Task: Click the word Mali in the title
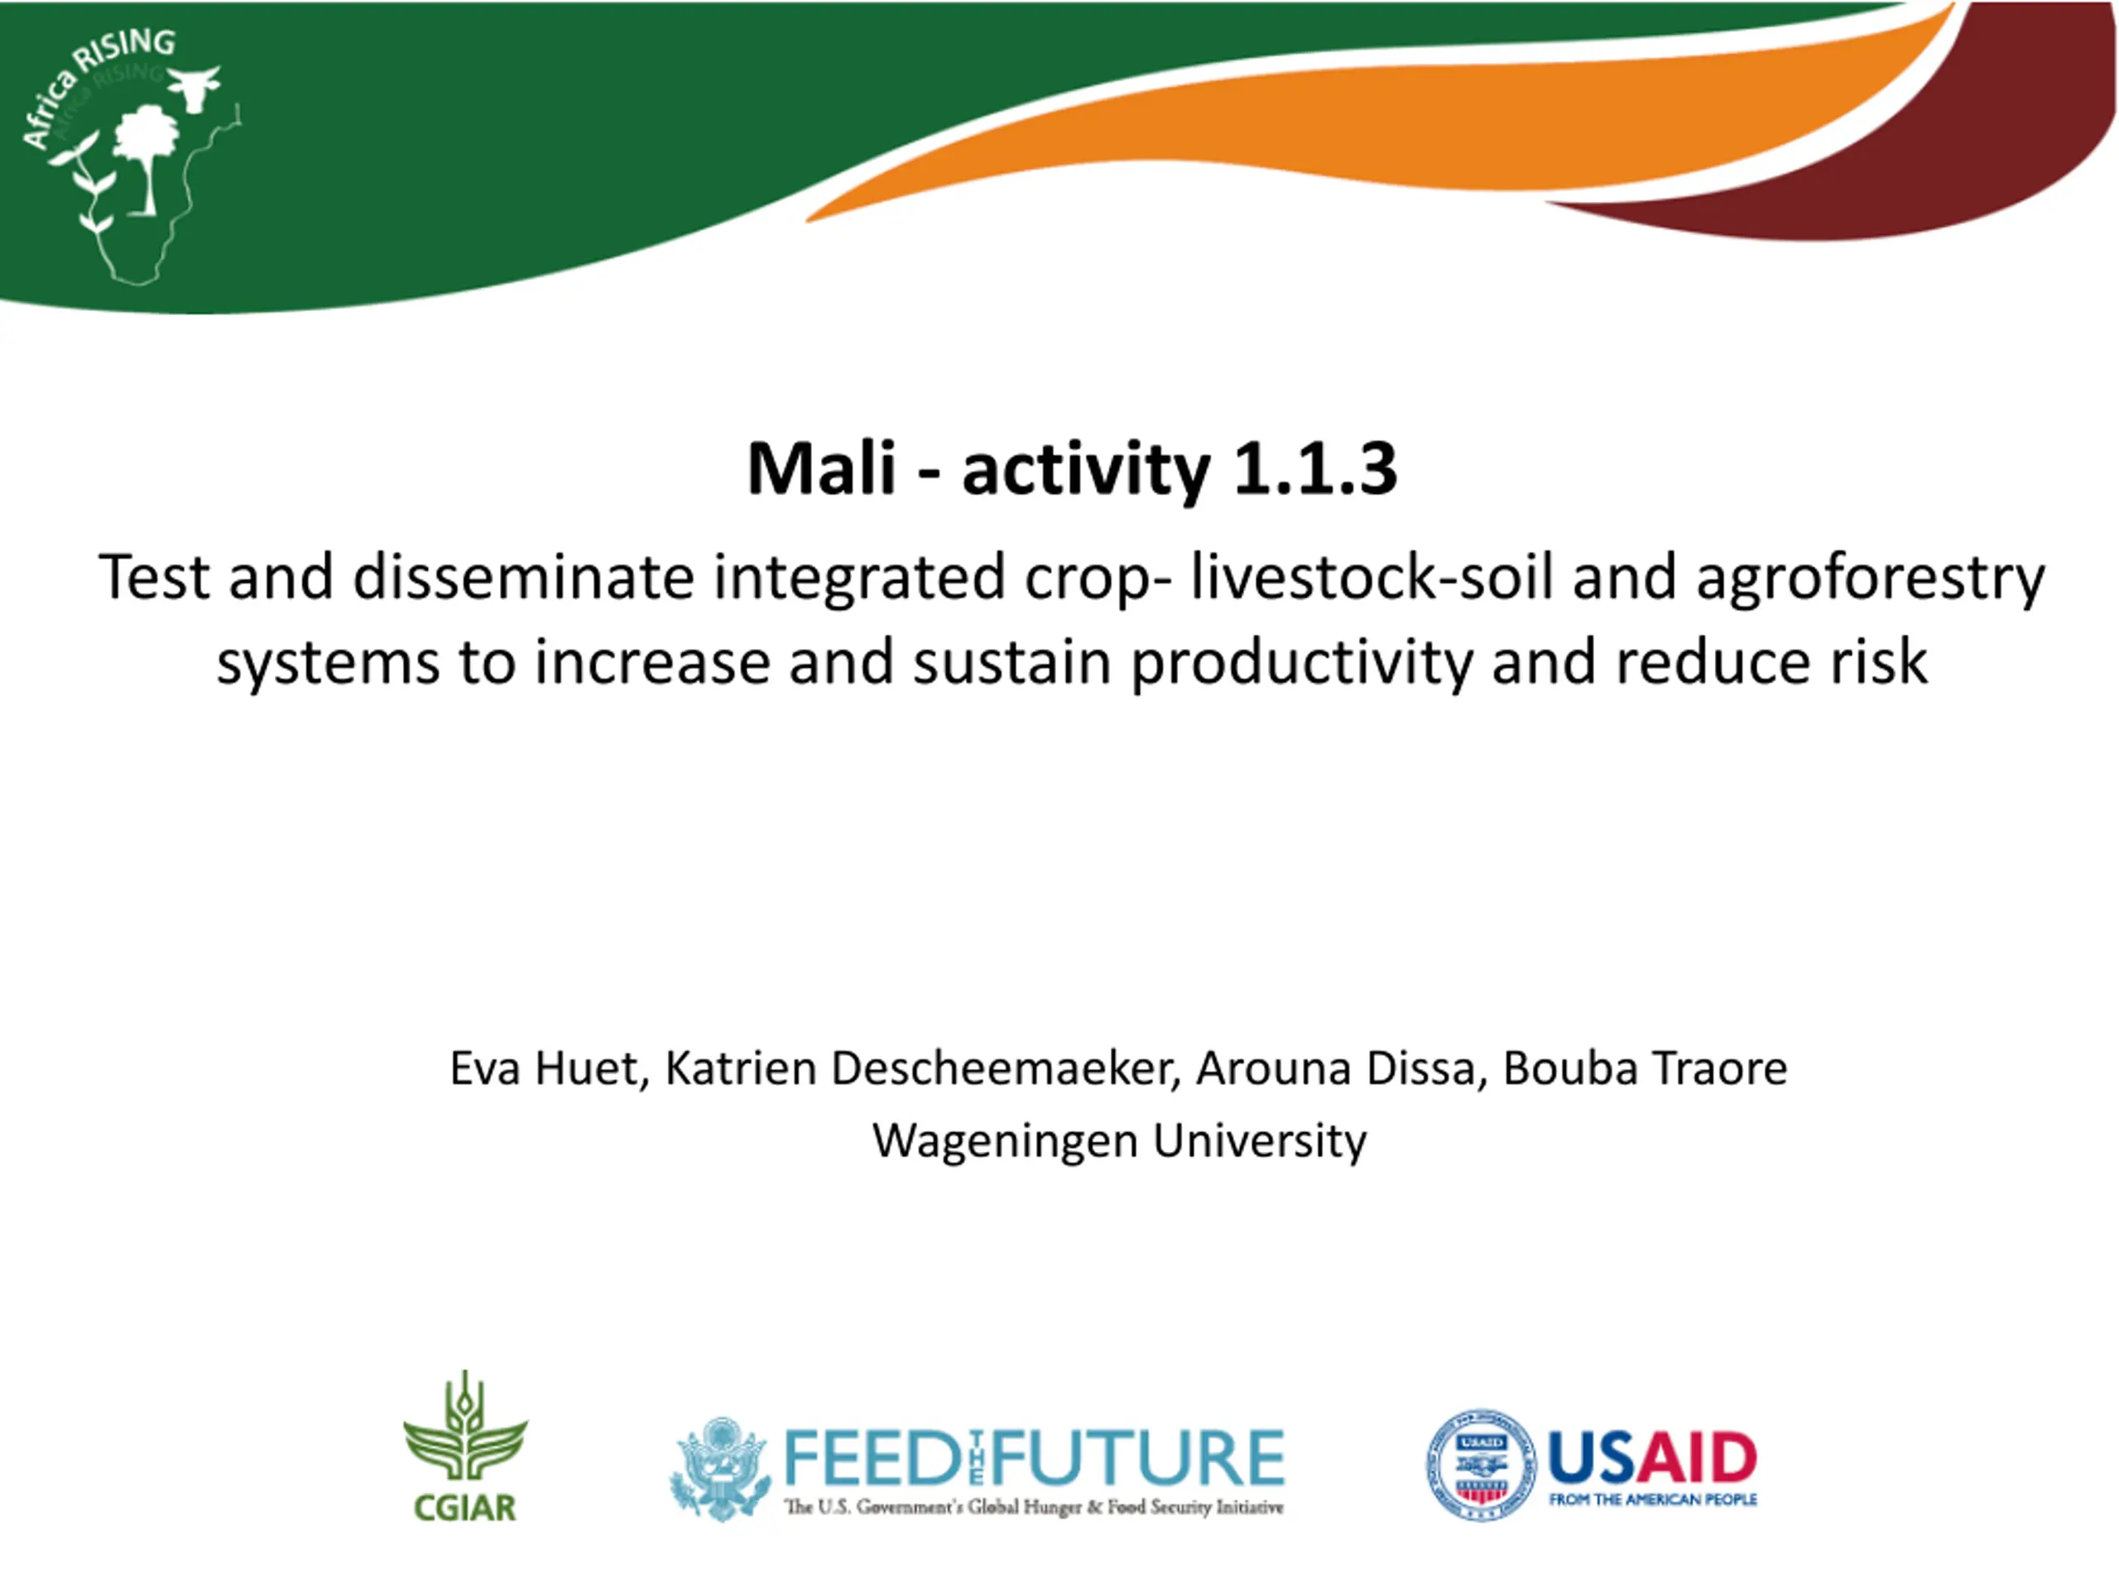pos(821,468)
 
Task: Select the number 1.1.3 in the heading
pos(1314,468)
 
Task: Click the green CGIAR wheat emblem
pos(464,1425)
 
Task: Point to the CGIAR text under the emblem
pos(464,1508)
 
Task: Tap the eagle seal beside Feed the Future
pos(720,1469)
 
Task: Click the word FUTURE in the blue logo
pos(1139,1457)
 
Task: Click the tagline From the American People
pos(1652,1500)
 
